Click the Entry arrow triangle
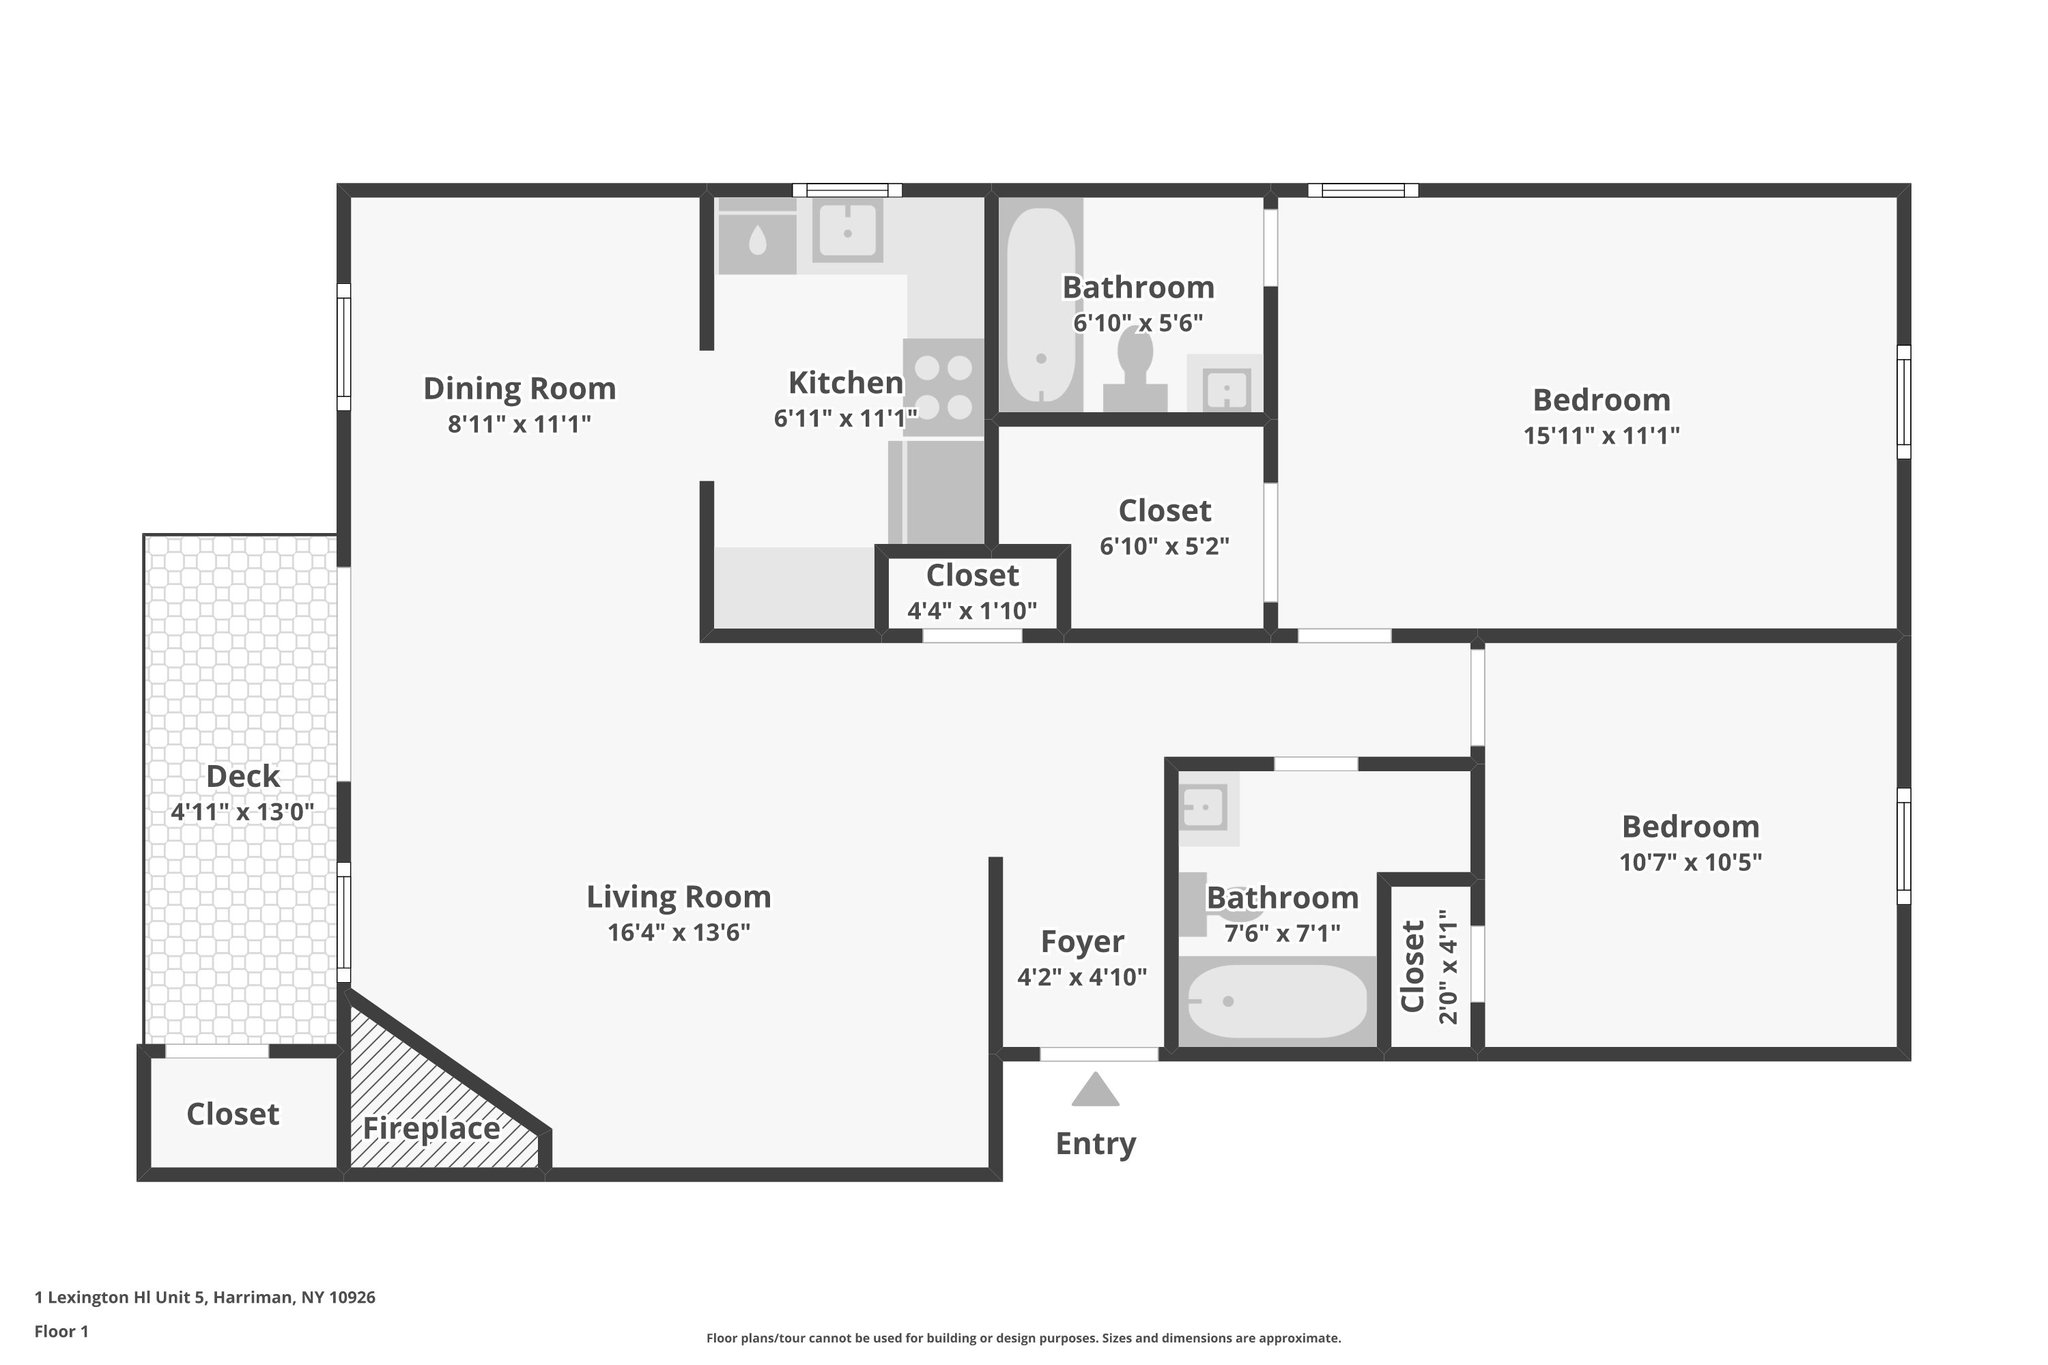(x=1095, y=1090)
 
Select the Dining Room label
(x=519, y=388)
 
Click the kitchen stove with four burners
(x=943, y=388)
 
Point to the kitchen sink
(x=847, y=232)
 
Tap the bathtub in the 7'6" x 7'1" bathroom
(x=1276, y=1001)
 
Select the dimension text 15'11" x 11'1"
(x=1601, y=436)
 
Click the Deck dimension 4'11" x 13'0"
(x=243, y=812)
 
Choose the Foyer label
(x=1082, y=942)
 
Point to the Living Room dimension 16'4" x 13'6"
(x=679, y=933)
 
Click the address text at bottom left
(x=205, y=1297)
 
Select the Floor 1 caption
(x=62, y=1331)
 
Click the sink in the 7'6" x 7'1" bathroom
(x=1205, y=806)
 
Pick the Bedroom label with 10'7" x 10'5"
(x=1690, y=827)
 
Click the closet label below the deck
(x=233, y=1114)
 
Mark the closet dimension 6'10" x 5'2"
(x=1164, y=547)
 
